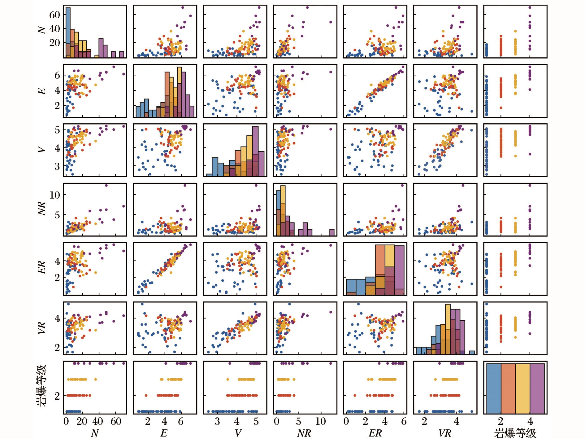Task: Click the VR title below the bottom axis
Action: pos(444,433)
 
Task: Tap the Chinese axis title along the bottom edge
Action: pos(515,433)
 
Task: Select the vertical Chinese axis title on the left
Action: pos(41,386)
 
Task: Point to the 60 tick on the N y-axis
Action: pos(54,15)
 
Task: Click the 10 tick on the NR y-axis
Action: pos(54,195)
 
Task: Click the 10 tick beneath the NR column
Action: pos(320,421)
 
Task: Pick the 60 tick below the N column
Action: pos(115,421)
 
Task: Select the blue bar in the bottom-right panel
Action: pos(494,389)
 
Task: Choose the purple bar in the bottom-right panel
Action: pos(537,389)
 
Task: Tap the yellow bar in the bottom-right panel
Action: pos(522,389)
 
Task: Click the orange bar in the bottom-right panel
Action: pos(508,389)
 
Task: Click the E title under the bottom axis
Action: pos(164,433)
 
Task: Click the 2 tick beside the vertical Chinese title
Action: pos(57,396)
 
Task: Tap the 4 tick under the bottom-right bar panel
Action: pos(530,421)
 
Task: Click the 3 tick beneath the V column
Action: pos(217,421)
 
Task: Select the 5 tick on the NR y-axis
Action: pos(57,215)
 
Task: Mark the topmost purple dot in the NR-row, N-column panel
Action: pos(106,186)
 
